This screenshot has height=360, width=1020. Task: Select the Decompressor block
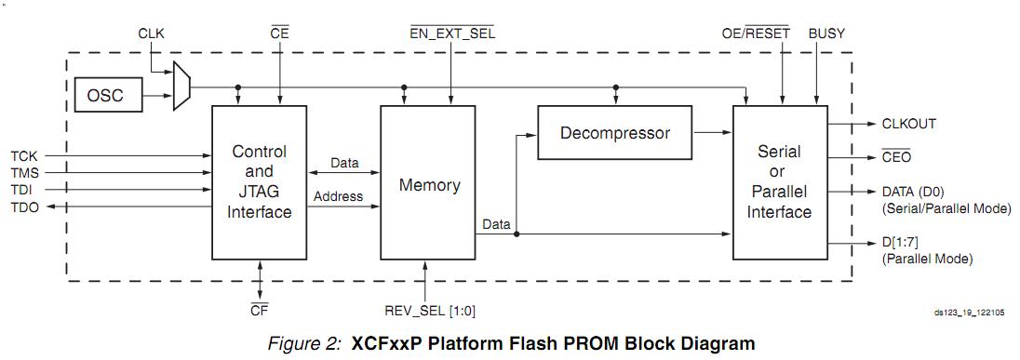[x=614, y=133]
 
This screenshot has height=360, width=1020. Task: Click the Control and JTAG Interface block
[x=259, y=181]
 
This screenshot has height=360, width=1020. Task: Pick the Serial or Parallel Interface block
[x=779, y=181]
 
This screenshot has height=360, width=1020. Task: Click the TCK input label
[x=24, y=155]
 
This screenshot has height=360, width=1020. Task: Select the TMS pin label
[x=25, y=173]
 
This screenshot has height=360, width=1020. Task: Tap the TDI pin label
[x=23, y=191]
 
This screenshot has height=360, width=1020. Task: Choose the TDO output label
[x=25, y=208]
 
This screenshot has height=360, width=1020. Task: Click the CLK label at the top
[x=151, y=33]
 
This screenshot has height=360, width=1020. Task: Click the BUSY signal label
[x=825, y=33]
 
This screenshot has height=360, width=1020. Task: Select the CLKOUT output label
[x=907, y=124]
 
